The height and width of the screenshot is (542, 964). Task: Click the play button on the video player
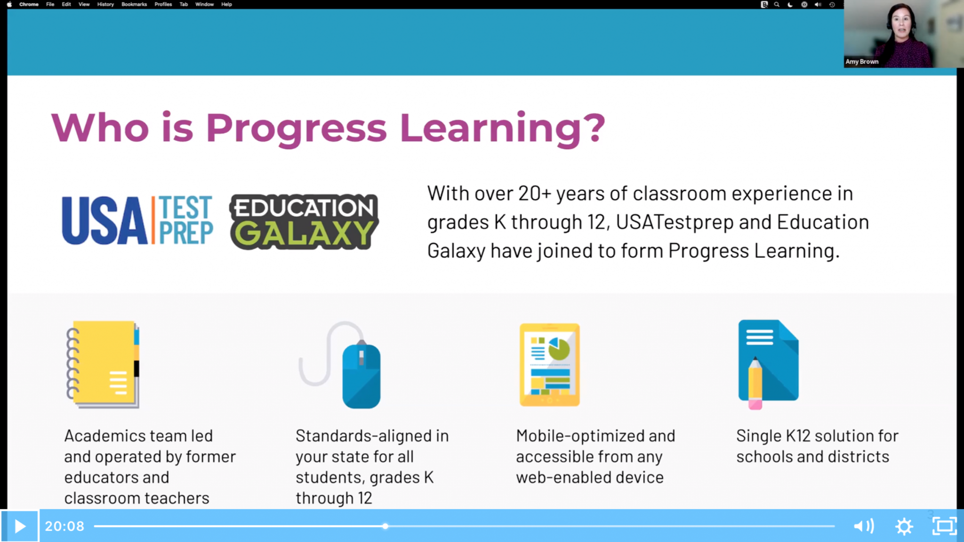pyautogui.click(x=20, y=526)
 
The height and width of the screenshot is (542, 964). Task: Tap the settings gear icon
pyautogui.click(x=904, y=526)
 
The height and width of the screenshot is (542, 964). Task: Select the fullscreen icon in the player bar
pyautogui.click(x=944, y=526)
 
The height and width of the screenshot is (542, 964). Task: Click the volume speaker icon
pyautogui.click(x=864, y=526)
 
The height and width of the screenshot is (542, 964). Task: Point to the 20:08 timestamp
pyautogui.click(x=64, y=526)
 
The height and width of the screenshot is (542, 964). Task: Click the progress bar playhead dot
pyautogui.click(x=385, y=526)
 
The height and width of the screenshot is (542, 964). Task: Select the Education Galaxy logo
pyautogui.click(x=304, y=222)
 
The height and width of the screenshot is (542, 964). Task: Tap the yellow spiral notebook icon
pyautogui.click(x=103, y=364)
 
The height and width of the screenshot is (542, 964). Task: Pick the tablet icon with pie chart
pyautogui.click(x=549, y=364)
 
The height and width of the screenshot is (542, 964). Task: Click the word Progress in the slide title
pyautogui.click(x=296, y=128)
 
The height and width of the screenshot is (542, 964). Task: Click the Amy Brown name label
pyautogui.click(x=862, y=62)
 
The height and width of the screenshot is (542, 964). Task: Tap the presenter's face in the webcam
pyautogui.click(x=901, y=24)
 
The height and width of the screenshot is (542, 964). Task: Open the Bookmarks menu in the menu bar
pyautogui.click(x=134, y=4)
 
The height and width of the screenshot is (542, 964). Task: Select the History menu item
pyautogui.click(x=105, y=4)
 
